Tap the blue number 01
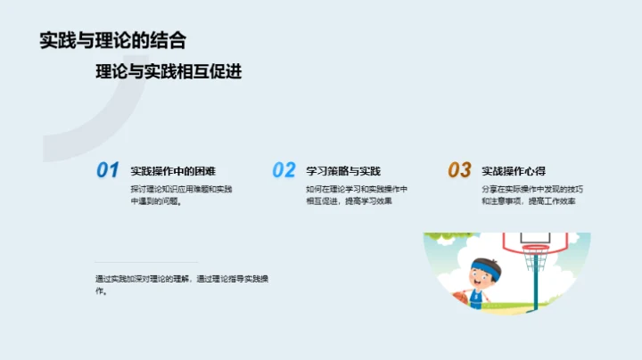click(x=107, y=170)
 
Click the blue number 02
click(x=284, y=170)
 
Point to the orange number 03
click(x=459, y=170)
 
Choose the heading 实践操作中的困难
click(x=173, y=171)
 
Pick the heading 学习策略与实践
click(x=343, y=171)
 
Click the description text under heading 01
click(x=181, y=195)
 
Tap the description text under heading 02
click(x=357, y=195)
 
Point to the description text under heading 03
click(x=532, y=195)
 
